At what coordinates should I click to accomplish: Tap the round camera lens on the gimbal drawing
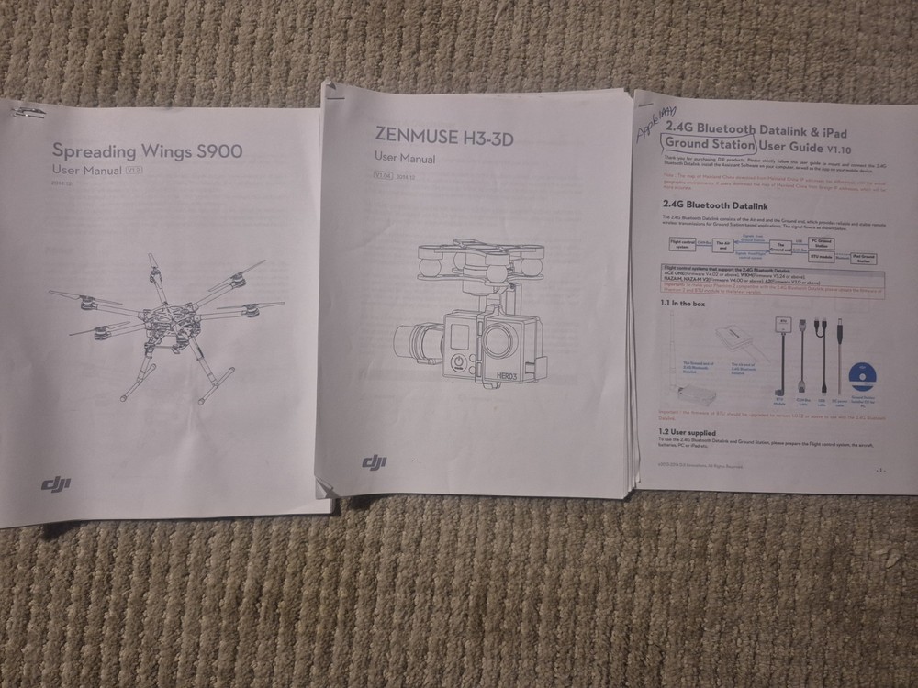click(499, 340)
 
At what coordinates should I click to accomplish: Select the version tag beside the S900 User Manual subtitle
click(132, 171)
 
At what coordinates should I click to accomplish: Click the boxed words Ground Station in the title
click(710, 145)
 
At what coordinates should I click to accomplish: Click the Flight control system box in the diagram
click(680, 243)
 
